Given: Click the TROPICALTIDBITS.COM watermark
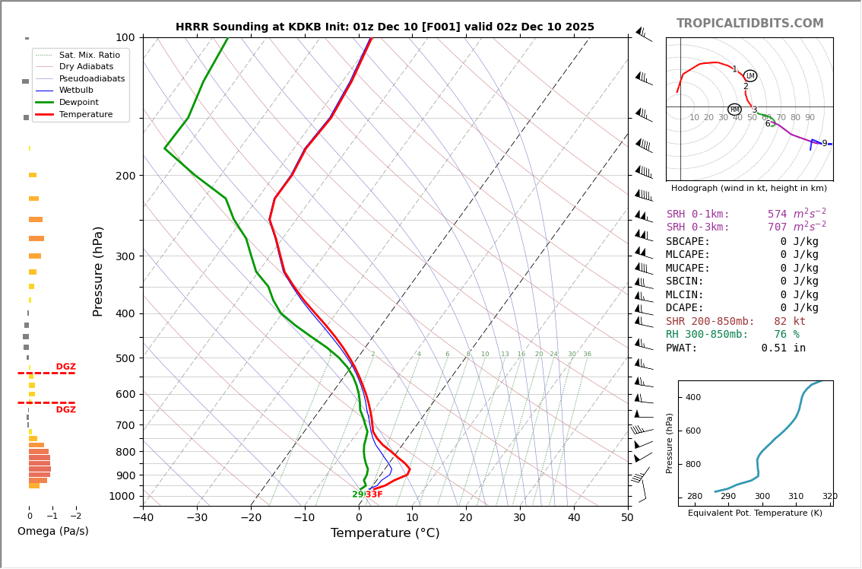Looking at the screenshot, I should (749, 24).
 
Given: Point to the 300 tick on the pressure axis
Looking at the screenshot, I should (125, 256).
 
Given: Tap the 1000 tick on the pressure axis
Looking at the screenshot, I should (122, 496).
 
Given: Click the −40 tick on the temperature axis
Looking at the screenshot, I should (143, 518).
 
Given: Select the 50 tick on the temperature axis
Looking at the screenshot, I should (627, 518).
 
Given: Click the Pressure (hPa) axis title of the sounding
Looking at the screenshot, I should (99, 271).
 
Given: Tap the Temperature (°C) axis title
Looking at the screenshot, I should (385, 533).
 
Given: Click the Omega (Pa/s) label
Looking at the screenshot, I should (53, 531).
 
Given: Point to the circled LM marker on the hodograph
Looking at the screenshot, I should (750, 75).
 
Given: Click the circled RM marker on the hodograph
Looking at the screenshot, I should (734, 110).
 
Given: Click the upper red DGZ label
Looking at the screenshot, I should (66, 367).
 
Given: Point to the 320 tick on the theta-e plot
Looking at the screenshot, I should (829, 497).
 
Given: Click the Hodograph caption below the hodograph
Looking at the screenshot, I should (749, 188).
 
